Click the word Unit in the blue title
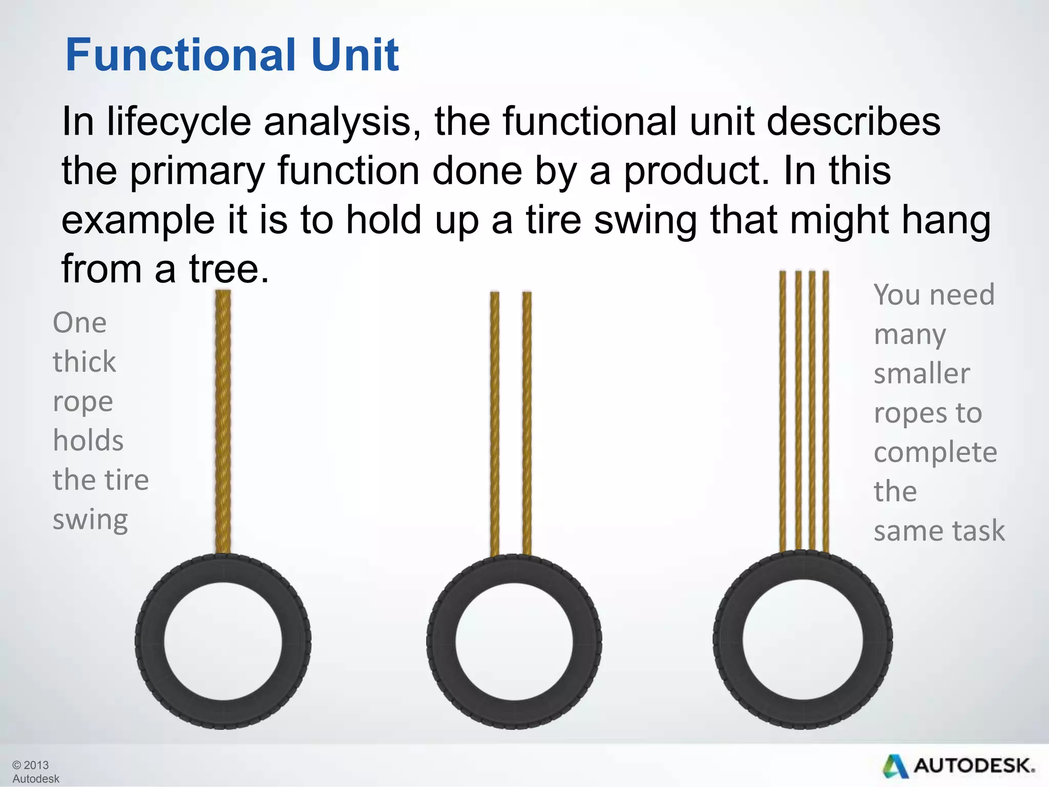click(354, 55)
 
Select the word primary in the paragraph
click(197, 172)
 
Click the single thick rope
click(223, 420)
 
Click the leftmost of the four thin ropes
click(783, 410)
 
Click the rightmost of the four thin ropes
click(826, 410)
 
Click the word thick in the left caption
click(85, 362)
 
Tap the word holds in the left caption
click(88, 441)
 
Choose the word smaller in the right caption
click(921, 373)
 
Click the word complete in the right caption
click(935, 453)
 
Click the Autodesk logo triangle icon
click(895, 767)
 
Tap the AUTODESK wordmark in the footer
click(974, 767)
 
